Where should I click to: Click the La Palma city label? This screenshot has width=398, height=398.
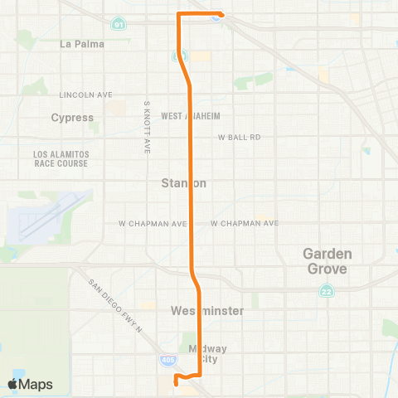pyautogui.click(x=81, y=44)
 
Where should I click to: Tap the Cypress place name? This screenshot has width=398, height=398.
pyautogui.click(x=72, y=118)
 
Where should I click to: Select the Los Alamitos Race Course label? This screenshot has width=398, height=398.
pyautogui.click(x=61, y=159)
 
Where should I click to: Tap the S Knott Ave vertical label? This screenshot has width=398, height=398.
pyautogui.click(x=147, y=129)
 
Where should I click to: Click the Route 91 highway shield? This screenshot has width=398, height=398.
pyautogui.click(x=119, y=24)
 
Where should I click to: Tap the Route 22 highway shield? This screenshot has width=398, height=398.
pyautogui.click(x=327, y=291)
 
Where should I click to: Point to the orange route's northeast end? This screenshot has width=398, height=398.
pyautogui.click(x=219, y=15)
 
